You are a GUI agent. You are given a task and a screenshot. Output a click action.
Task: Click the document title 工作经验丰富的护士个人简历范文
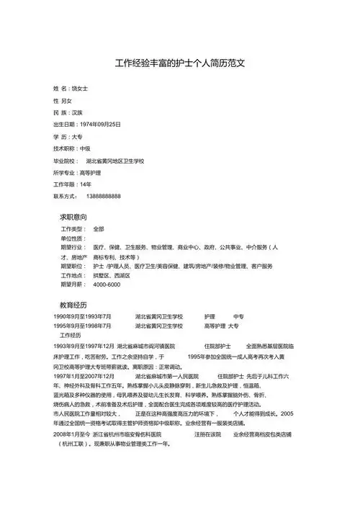(x=181, y=63)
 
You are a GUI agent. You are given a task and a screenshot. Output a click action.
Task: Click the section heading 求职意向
(x=73, y=217)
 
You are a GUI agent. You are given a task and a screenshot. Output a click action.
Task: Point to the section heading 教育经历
(x=73, y=305)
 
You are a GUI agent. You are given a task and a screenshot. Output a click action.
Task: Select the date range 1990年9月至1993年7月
(x=82, y=316)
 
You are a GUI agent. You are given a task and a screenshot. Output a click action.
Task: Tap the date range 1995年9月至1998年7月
(x=82, y=326)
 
